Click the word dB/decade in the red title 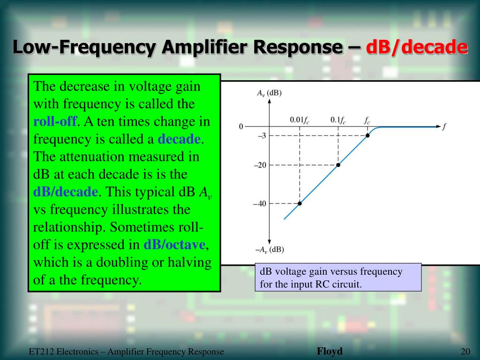pyautogui.click(x=417, y=47)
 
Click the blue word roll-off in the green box pyautogui.click(x=55, y=121)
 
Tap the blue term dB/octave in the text pyautogui.click(x=175, y=245)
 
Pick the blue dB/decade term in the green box pyautogui.click(x=66, y=192)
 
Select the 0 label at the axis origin pyautogui.click(x=241, y=127)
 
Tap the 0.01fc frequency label pyautogui.click(x=299, y=120)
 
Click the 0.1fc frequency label pyautogui.click(x=337, y=120)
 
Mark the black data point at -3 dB pyautogui.click(x=367, y=135)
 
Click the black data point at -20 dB pyautogui.click(x=338, y=165)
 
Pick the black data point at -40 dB pyautogui.click(x=300, y=203)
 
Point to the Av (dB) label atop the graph pyautogui.click(x=269, y=93)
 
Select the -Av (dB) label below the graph pyautogui.click(x=269, y=249)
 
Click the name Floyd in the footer pyautogui.click(x=330, y=352)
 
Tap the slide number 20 pyautogui.click(x=465, y=352)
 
